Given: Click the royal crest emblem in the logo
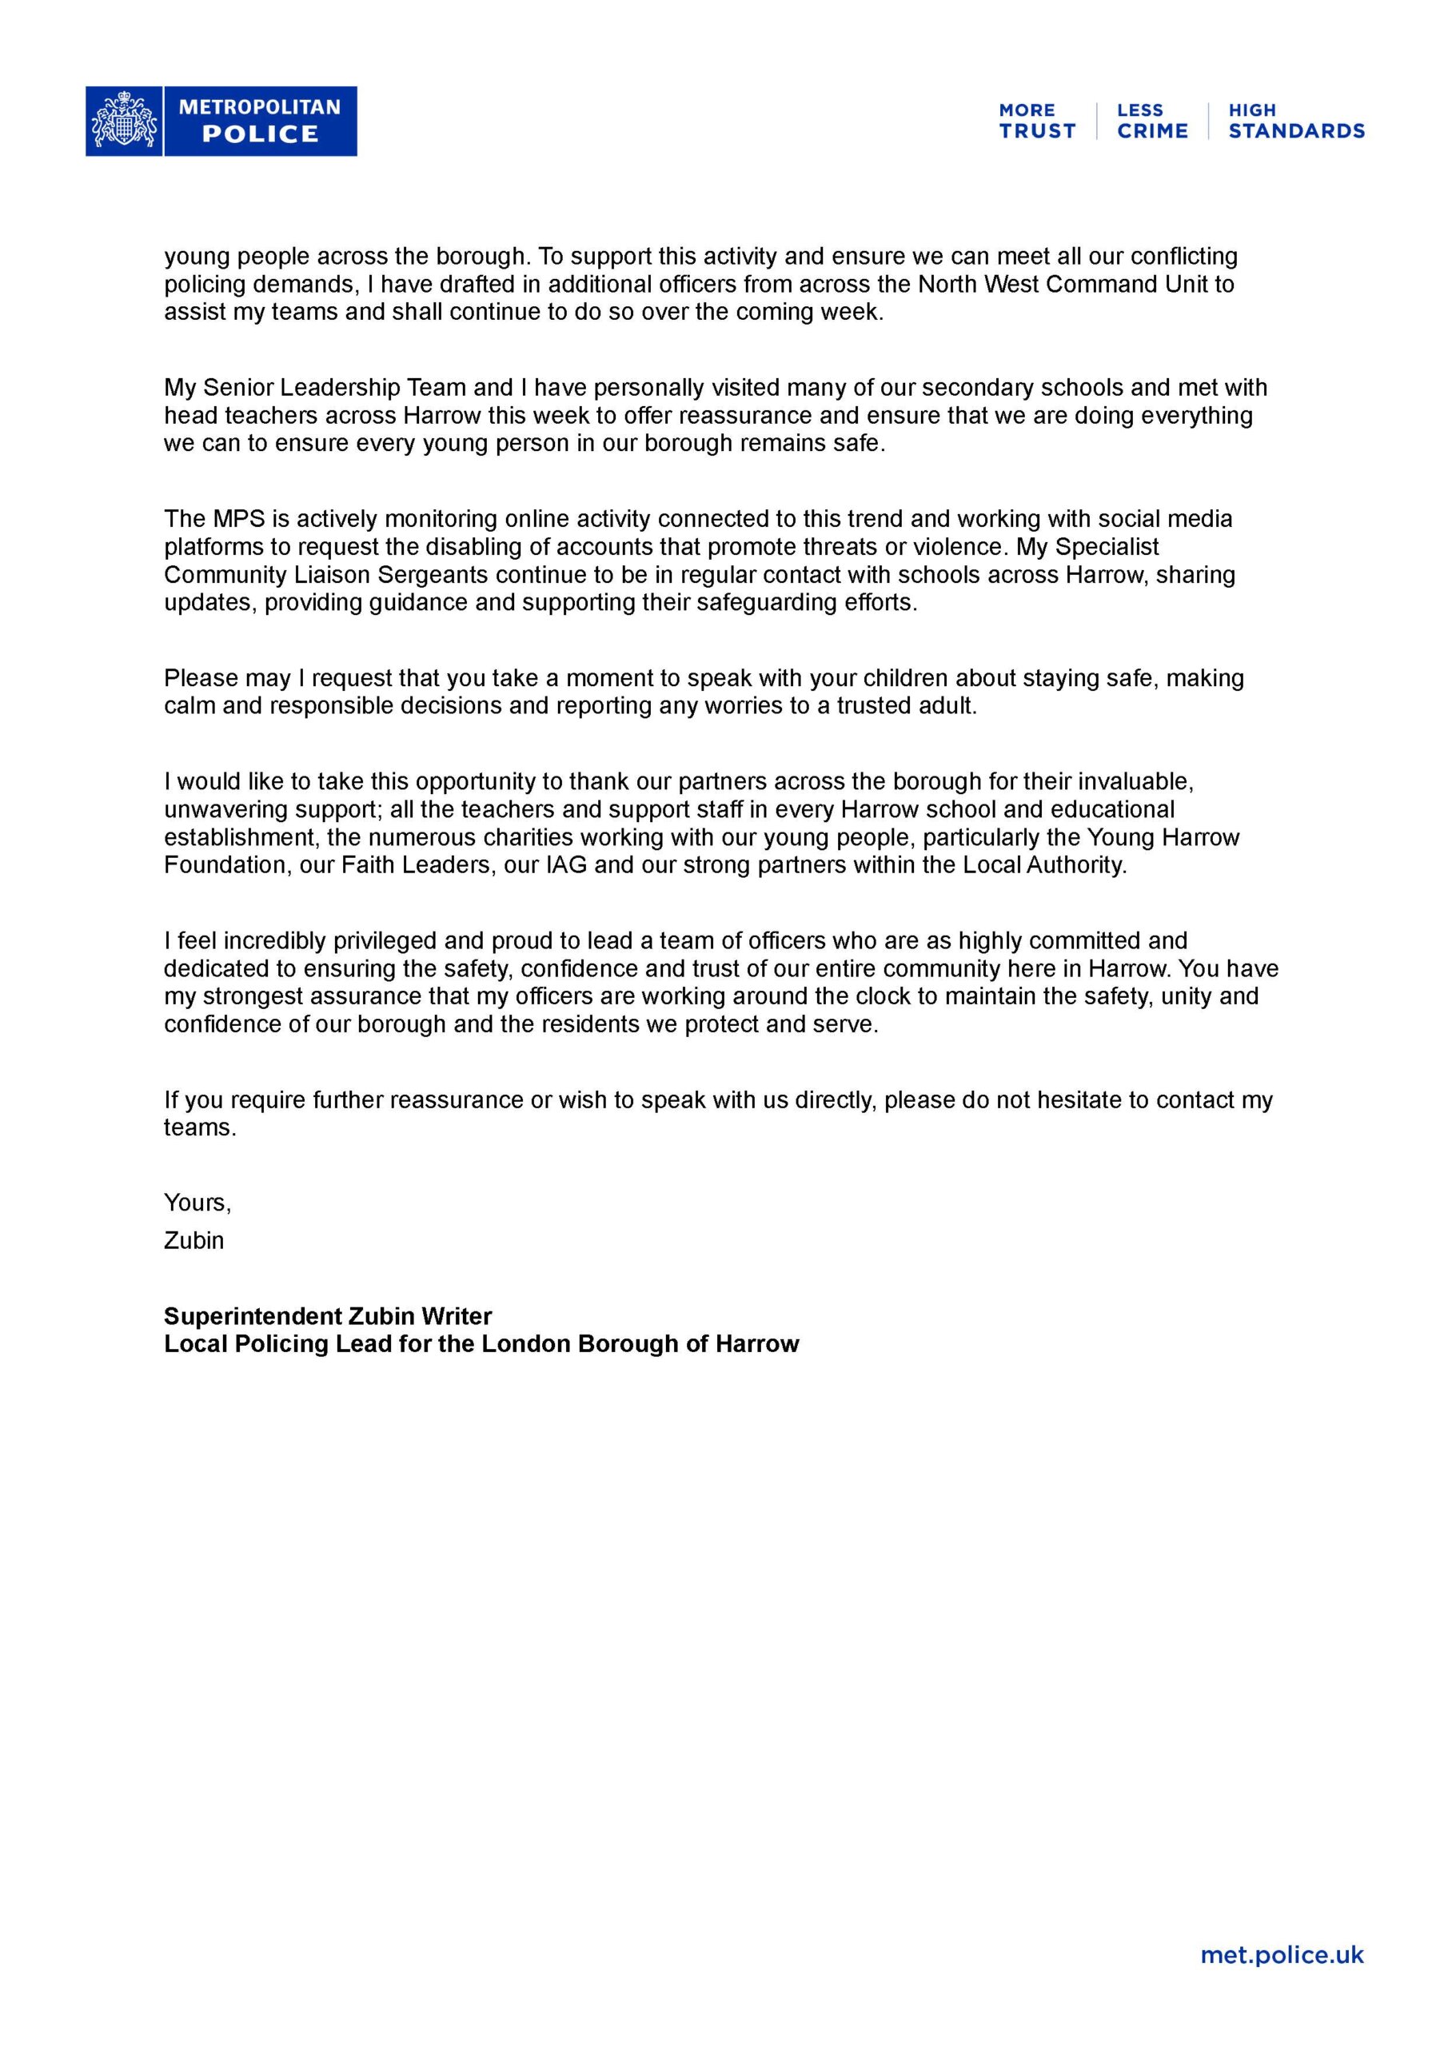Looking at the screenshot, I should tap(124, 122).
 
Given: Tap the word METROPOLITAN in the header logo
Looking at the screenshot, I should tap(260, 107).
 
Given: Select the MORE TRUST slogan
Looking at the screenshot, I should tap(1036, 122).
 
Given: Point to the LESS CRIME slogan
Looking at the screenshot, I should tap(1152, 122).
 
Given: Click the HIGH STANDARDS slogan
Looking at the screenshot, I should tap(1295, 122).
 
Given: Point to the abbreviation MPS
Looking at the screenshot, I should tap(239, 519).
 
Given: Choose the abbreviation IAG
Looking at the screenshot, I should tap(566, 865).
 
